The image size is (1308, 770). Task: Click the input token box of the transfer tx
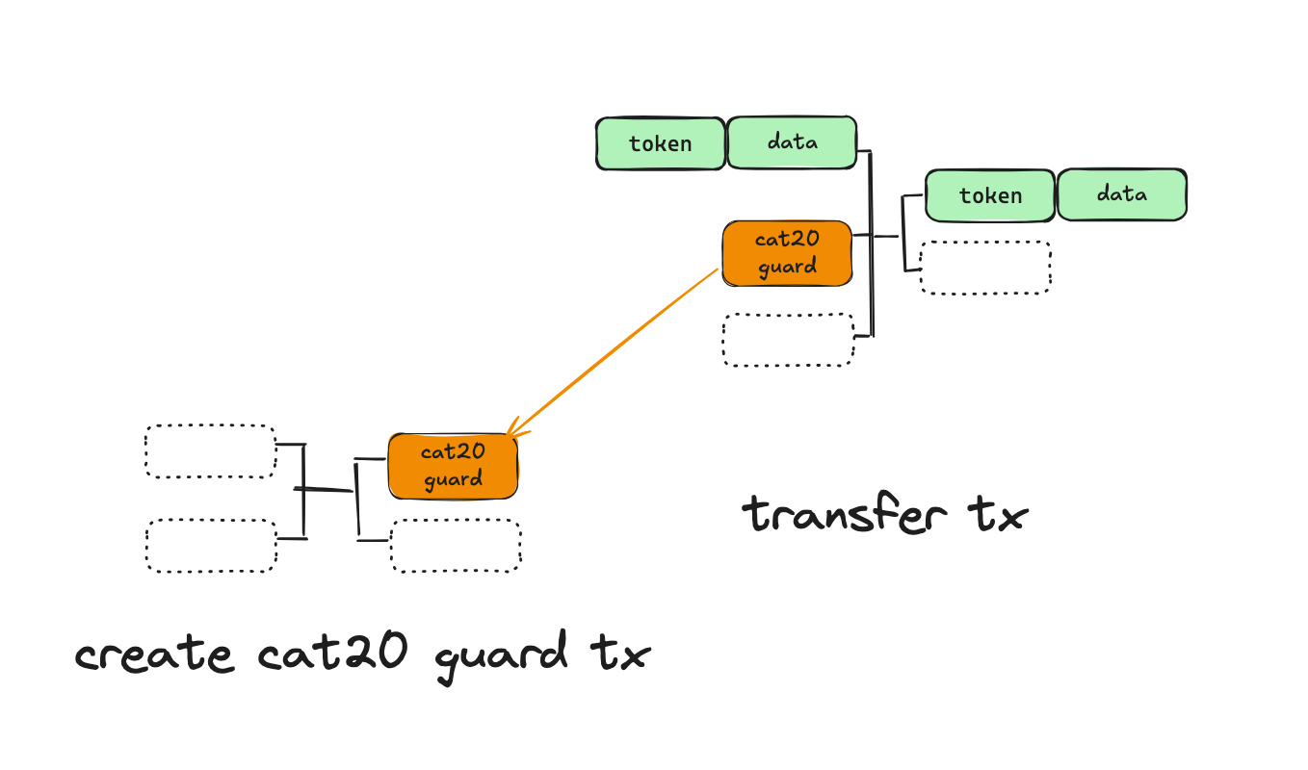pos(661,144)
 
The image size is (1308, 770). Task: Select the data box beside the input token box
pos(792,143)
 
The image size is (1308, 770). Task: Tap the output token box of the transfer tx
pos(990,195)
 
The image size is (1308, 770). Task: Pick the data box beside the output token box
pos(1122,194)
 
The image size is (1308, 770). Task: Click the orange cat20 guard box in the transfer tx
pos(787,253)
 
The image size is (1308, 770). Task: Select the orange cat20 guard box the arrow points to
pos(453,466)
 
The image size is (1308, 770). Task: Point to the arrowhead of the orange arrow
pos(510,436)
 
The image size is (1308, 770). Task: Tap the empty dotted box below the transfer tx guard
pos(788,340)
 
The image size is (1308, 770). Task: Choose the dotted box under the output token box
pos(985,267)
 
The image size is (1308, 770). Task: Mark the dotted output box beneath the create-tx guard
pos(456,546)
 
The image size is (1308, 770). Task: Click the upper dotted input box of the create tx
pos(211,451)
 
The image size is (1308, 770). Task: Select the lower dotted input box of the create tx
pos(211,546)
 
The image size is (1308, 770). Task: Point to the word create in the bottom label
pos(154,655)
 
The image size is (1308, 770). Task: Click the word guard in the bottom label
pos(501,657)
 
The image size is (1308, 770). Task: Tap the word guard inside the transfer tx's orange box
pos(787,268)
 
